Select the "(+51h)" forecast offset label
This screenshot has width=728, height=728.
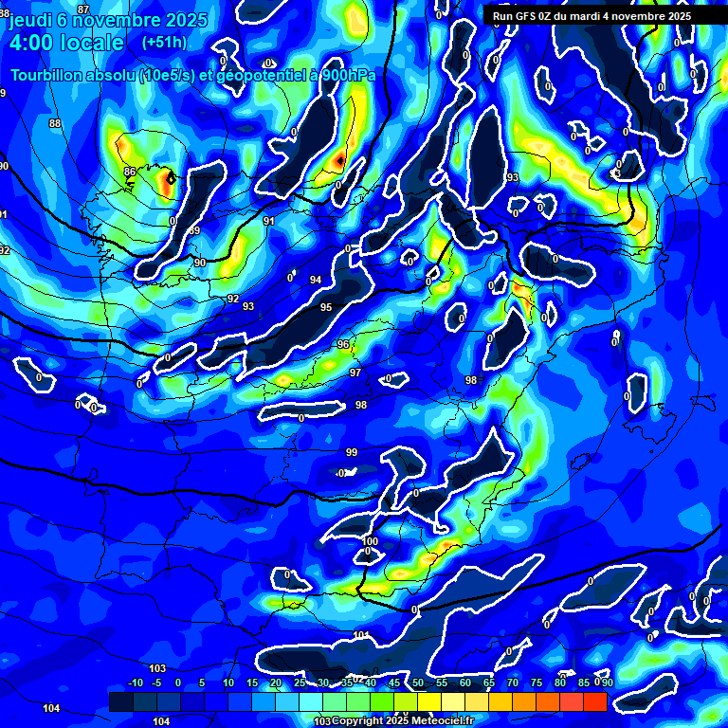(x=163, y=43)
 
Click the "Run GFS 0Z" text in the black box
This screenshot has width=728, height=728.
(x=526, y=16)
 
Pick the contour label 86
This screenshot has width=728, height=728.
(x=129, y=172)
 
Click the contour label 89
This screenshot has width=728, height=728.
(x=194, y=231)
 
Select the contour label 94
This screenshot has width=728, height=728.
(x=316, y=280)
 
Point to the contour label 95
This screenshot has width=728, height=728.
(x=326, y=307)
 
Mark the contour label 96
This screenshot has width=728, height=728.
(x=343, y=344)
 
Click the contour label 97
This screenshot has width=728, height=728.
(x=355, y=373)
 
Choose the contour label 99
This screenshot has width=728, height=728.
(x=352, y=452)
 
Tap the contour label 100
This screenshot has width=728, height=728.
(x=371, y=541)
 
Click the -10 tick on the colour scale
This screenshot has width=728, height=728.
(x=136, y=682)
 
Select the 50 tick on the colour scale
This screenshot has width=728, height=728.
(x=418, y=682)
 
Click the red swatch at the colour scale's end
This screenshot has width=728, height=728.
(x=594, y=701)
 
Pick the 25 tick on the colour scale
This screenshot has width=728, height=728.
(x=300, y=682)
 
